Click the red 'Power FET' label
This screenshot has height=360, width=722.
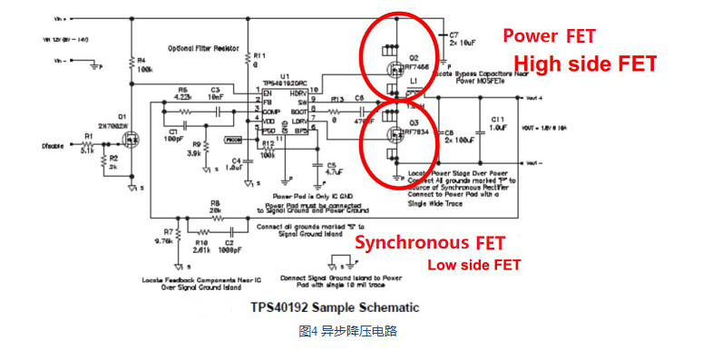(550, 36)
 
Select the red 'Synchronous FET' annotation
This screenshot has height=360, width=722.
(429, 243)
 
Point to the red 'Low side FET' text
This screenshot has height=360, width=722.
(474, 265)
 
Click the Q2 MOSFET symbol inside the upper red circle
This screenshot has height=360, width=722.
(395, 64)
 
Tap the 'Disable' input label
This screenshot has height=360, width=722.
(54, 145)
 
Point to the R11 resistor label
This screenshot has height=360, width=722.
(259, 60)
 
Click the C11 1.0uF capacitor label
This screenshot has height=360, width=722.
(498, 123)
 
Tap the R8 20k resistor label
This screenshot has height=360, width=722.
(215, 207)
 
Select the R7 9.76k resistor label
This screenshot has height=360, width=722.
(162, 238)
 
